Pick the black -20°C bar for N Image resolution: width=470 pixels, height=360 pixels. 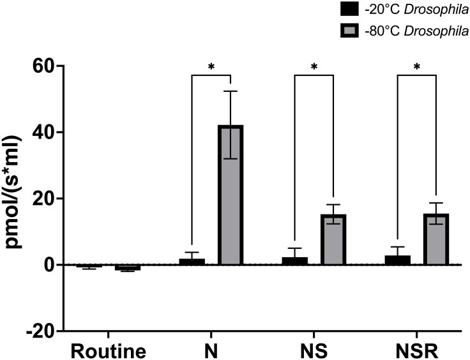tap(192, 262)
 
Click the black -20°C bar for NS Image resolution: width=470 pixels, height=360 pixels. tap(294, 261)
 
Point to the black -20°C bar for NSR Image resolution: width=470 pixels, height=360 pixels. tap(398, 260)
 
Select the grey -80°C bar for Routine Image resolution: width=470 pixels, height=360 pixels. tap(127, 267)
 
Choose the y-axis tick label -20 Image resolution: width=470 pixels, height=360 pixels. tap(40, 331)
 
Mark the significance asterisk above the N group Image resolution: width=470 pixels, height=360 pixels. tap(211, 66)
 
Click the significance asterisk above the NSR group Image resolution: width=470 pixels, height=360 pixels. tap(417, 66)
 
